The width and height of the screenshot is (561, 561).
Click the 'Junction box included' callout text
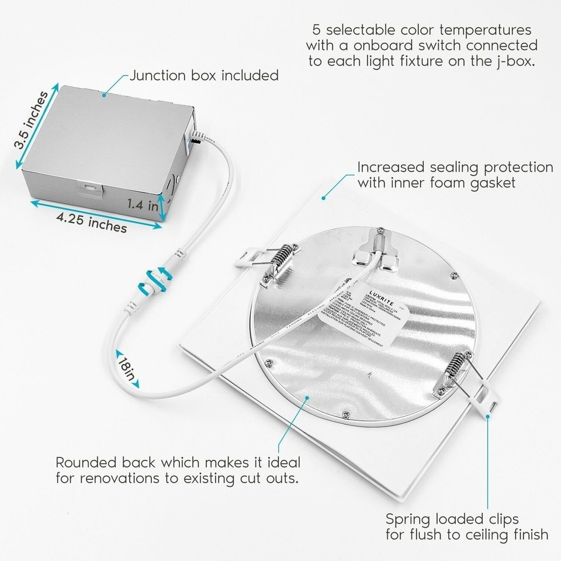click(x=203, y=75)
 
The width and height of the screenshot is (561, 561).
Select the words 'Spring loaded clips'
click(x=452, y=518)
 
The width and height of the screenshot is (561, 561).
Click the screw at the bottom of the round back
click(x=348, y=413)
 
